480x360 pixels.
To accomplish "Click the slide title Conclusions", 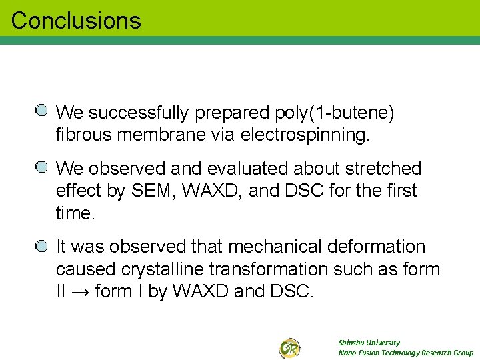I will pos(76,21).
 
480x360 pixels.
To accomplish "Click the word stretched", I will pos(383,168).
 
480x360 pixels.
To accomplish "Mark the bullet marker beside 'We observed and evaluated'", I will pos(41,167).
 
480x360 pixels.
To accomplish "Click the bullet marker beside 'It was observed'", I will pos(41,245).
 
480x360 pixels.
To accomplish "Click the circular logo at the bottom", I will pos(289,347).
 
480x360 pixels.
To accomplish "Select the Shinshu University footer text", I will pos(369,343).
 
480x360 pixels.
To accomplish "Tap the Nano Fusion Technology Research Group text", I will pos(405,353).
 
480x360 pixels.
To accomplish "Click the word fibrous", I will pos(83,135).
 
